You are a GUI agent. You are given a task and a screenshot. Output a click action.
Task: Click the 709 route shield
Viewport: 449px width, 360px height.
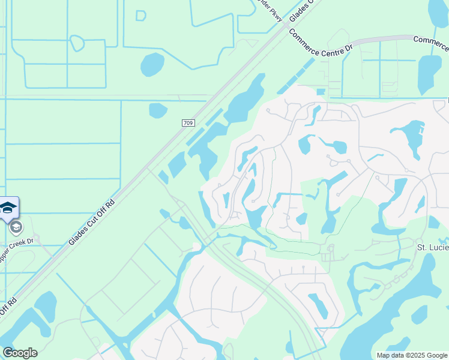[x=188, y=123]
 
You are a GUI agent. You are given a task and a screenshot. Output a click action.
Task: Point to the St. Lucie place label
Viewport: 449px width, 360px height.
[x=433, y=247]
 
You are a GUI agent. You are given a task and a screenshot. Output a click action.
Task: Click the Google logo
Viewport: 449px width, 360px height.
[x=20, y=353]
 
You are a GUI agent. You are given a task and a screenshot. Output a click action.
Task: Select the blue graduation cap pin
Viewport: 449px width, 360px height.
[x=8, y=208]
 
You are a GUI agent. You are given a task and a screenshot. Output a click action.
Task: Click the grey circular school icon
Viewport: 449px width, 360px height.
[x=16, y=227]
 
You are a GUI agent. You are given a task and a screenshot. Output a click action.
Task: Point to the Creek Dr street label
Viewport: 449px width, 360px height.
[x=18, y=247]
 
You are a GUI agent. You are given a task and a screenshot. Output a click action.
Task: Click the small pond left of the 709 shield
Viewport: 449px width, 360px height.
[x=158, y=110]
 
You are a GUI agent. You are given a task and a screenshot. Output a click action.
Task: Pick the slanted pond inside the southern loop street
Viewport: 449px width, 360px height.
[x=318, y=305]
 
